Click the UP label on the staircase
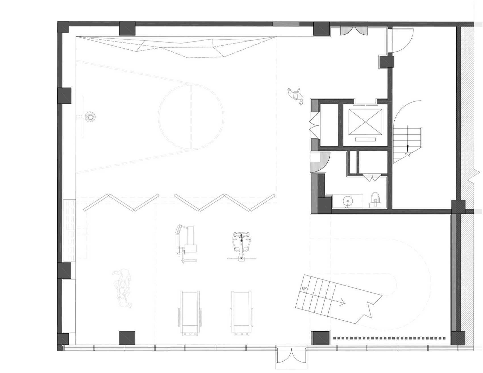coord(304,288)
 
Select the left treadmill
coord(190,312)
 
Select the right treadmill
coord(241,312)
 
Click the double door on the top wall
coord(354,31)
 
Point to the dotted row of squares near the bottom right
coord(389,338)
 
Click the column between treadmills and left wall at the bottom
coord(127,337)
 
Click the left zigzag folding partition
coord(121,202)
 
